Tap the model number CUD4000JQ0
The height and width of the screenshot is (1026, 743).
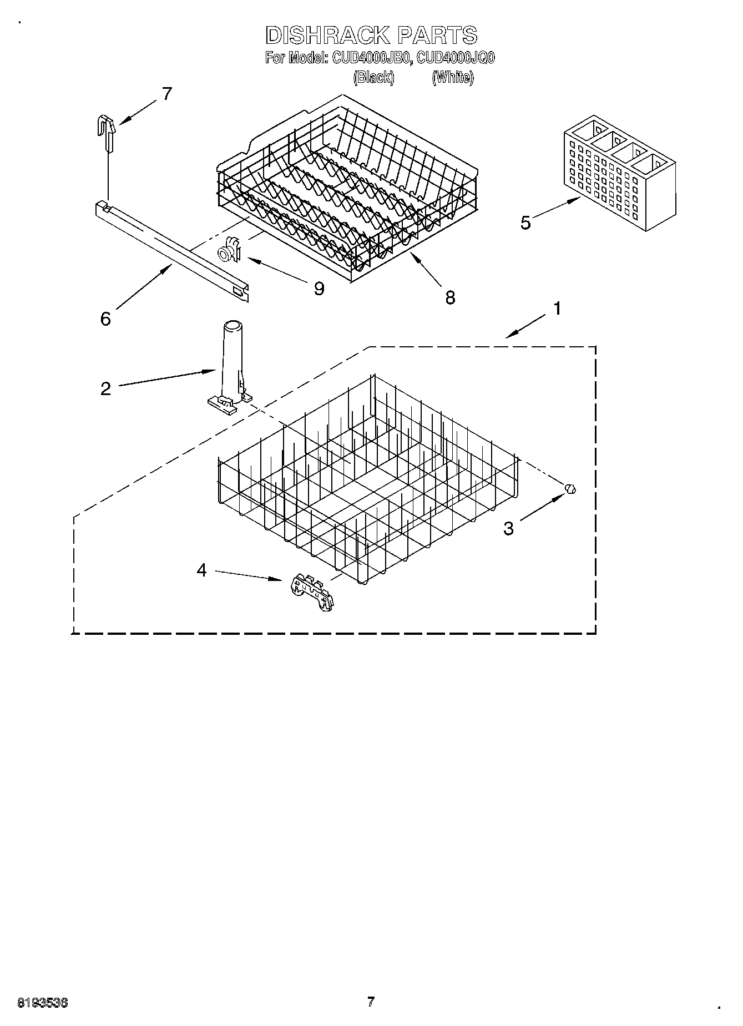pos(456,57)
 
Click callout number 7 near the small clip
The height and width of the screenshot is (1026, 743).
pos(167,94)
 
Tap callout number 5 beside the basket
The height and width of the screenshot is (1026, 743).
pos(525,223)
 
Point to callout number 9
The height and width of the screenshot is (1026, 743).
pos(319,288)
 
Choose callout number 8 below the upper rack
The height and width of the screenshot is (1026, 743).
pos(450,297)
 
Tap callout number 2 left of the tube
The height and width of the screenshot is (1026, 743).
pos(105,388)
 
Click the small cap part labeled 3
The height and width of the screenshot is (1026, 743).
pos(571,489)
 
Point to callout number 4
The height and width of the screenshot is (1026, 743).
pos(201,569)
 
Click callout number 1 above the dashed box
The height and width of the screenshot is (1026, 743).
pos(557,309)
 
